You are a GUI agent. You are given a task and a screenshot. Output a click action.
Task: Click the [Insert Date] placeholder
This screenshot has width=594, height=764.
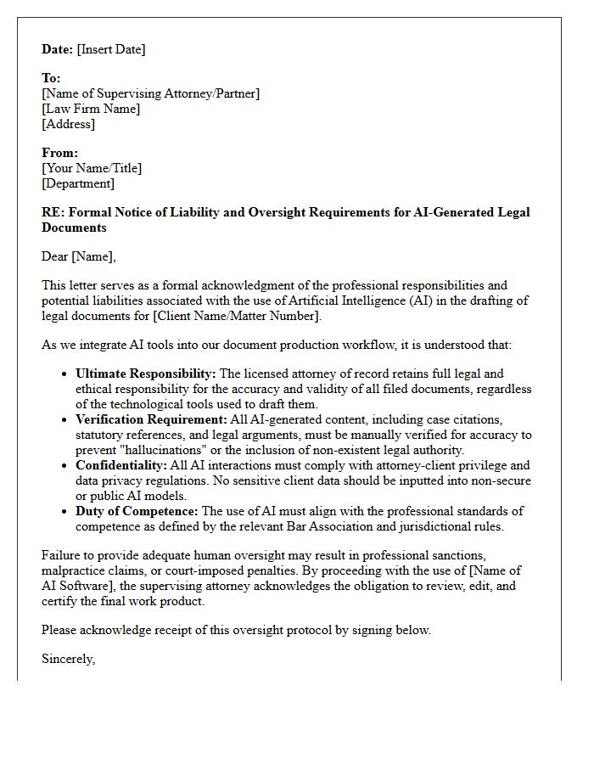[x=111, y=49]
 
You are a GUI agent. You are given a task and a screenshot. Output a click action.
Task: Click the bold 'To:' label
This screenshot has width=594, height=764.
[x=51, y=78]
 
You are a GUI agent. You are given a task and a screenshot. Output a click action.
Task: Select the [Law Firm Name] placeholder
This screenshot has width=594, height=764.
[x=91, y=109]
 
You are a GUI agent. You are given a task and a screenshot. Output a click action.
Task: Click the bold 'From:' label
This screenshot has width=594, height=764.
[x=59, y=153]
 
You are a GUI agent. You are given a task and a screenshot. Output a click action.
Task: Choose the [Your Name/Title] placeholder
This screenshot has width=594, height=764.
[x=92, y=168]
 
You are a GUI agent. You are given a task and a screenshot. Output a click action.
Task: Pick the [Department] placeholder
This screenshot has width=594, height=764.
[x=78, y=183]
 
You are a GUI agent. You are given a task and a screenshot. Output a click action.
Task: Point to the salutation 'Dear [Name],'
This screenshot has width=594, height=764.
[x=78, y=256]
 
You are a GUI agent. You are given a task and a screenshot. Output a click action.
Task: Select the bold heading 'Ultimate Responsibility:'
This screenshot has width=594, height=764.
[x=146, y=374]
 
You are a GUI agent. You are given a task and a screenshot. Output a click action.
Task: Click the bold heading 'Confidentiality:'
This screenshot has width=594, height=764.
[x=121, y=465]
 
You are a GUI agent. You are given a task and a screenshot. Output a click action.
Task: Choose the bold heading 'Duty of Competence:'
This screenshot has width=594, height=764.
[x=137, y=511]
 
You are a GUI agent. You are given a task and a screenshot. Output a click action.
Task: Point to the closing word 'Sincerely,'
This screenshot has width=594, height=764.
[x=68, y=659]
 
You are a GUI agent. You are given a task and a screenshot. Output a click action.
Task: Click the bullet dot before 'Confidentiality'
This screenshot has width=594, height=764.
[x=65, y=466]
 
